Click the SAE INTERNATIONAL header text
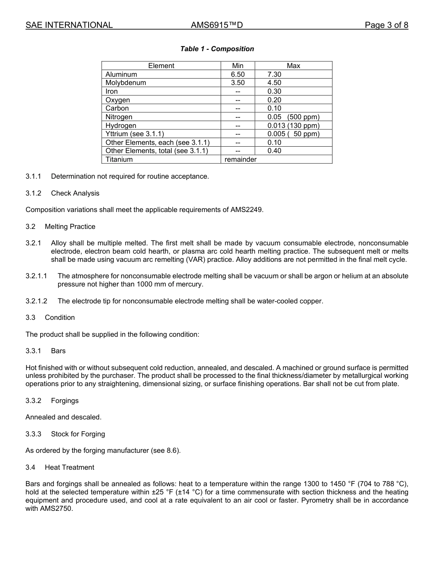point(69,25)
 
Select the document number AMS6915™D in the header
point(217,25)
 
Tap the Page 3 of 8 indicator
point(386,25)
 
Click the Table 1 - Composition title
point(217,49)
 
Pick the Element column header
point(161,66)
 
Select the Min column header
point(238,66)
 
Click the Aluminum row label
point(121,74)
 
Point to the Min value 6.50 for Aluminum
point(238,74)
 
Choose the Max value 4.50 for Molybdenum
point(274,83)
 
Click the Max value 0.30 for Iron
point(274,91)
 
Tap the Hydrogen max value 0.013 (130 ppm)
point(293,126)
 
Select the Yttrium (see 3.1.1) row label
point(134,134)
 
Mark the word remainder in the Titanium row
point(240,159)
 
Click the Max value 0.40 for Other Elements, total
point(274,151)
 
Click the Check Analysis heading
point(75,193)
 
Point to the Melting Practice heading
point(70,227)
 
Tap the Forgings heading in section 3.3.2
point(64,401)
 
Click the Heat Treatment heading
point(69,467)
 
